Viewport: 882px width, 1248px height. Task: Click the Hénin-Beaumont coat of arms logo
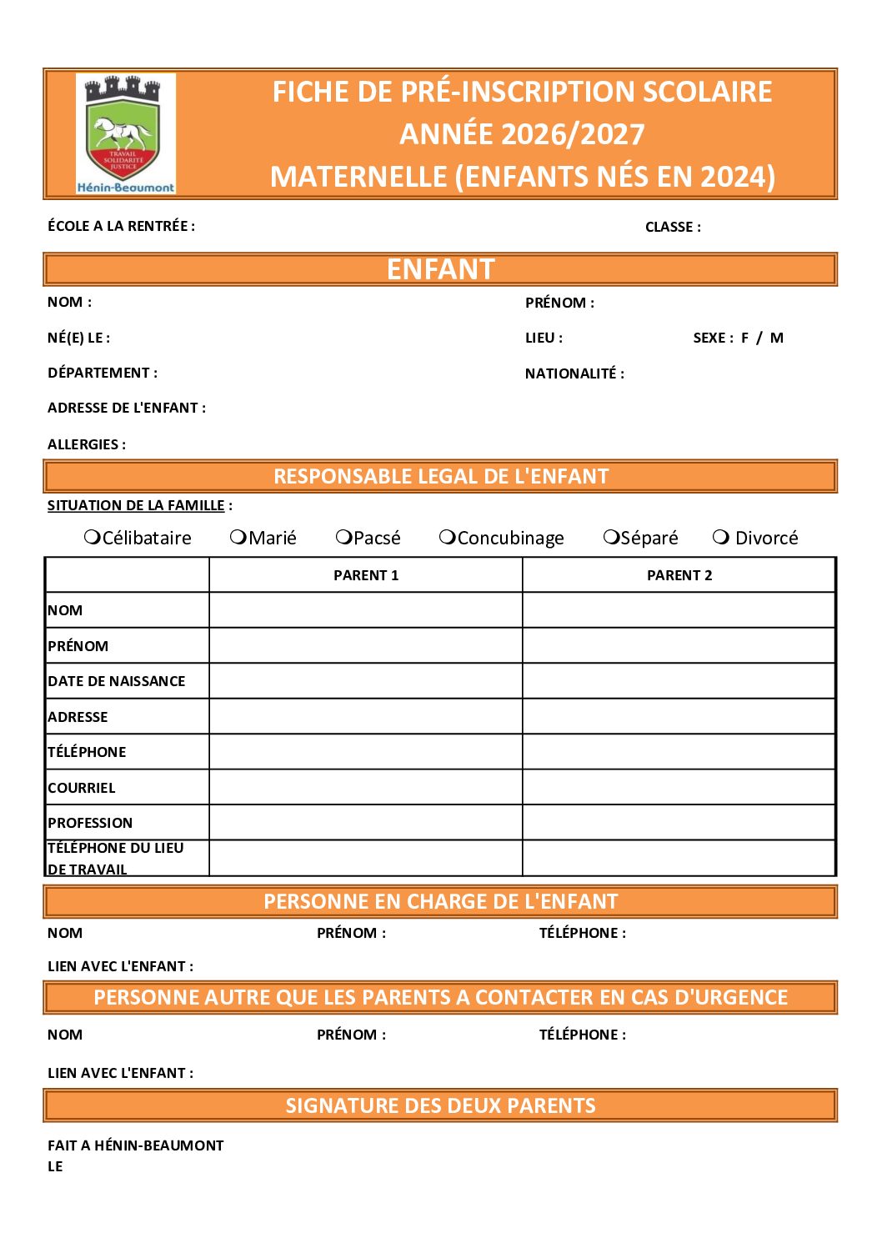click(x=125, y=133)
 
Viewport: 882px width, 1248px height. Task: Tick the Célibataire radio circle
click(x=93, y=537)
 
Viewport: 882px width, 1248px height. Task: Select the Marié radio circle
click(x=238, y=537)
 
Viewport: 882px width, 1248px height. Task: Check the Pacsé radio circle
click(x=343, y=537)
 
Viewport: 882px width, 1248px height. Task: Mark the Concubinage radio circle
click(x=448, y=537)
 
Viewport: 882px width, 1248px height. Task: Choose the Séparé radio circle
click(x=611, y=537)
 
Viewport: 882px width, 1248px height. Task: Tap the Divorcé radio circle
click(x=721, y=537)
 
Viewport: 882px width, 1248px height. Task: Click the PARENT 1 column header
click(x=366, y=575)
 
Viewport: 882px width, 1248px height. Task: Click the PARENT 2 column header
click(x=679, y=575)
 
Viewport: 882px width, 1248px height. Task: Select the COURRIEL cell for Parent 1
click(x=366, y=787)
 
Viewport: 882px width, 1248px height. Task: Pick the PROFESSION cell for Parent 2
click(x=679, y=823)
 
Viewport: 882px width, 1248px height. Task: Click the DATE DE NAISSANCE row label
click(x=117, y=681)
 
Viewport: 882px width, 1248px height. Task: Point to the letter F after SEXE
click(x=745, y=338)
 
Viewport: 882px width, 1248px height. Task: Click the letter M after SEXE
click(x=777, y=338)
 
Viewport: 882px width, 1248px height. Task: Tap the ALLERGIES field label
click(x=87, y=444)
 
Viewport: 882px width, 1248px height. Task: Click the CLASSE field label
click(x=673, y=227)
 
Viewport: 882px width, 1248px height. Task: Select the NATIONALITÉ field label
click(x=574, y=373)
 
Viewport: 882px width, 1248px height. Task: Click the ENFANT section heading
click(x=440, y=269)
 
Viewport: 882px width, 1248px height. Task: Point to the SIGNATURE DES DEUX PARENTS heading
click(x=440, y=1105)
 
